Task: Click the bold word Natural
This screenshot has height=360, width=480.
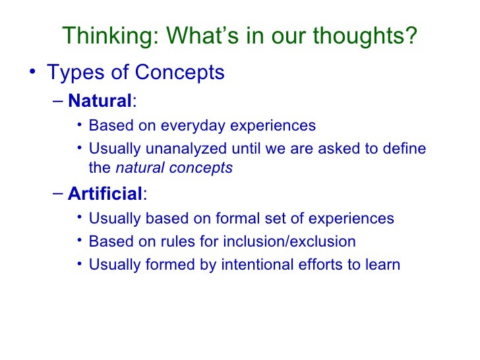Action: point(100,102)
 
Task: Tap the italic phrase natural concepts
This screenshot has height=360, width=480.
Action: point(174,167)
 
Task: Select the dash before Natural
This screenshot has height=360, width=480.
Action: point(57,102)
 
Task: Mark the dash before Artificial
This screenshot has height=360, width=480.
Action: point(57,193)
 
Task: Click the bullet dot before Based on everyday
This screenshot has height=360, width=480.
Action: point(80,125)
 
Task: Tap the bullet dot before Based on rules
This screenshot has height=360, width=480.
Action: point(80,241)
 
